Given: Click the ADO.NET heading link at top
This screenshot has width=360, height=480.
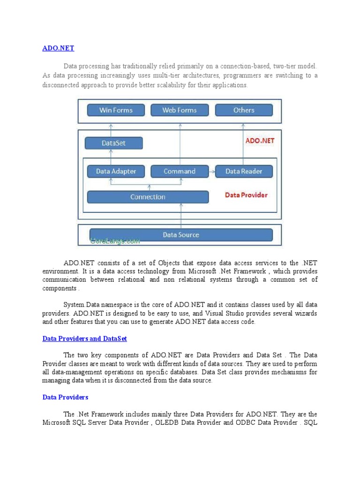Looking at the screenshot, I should coord(58,48).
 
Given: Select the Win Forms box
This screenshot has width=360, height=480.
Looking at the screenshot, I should coord(116,110).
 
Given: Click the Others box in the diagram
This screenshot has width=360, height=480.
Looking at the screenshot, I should coord(244,110).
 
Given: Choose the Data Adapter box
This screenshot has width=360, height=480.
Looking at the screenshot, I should coord(116,171).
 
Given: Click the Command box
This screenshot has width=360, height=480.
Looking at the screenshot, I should coord(179,171).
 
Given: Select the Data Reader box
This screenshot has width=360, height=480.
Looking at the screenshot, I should coord(244,171).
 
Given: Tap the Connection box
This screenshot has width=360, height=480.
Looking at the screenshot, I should coord(148,197).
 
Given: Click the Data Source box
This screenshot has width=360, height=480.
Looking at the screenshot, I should coord(180,234).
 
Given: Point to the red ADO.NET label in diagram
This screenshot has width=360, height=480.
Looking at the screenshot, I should coord(260,141).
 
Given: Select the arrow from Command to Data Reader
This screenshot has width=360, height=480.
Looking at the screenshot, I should coord(211,172).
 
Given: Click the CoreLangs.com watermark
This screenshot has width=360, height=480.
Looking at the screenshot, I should coord(115,241).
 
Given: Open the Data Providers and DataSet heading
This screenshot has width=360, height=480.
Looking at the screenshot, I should coord(84,338).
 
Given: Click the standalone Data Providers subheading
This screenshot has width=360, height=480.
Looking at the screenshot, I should coord(65,397).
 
